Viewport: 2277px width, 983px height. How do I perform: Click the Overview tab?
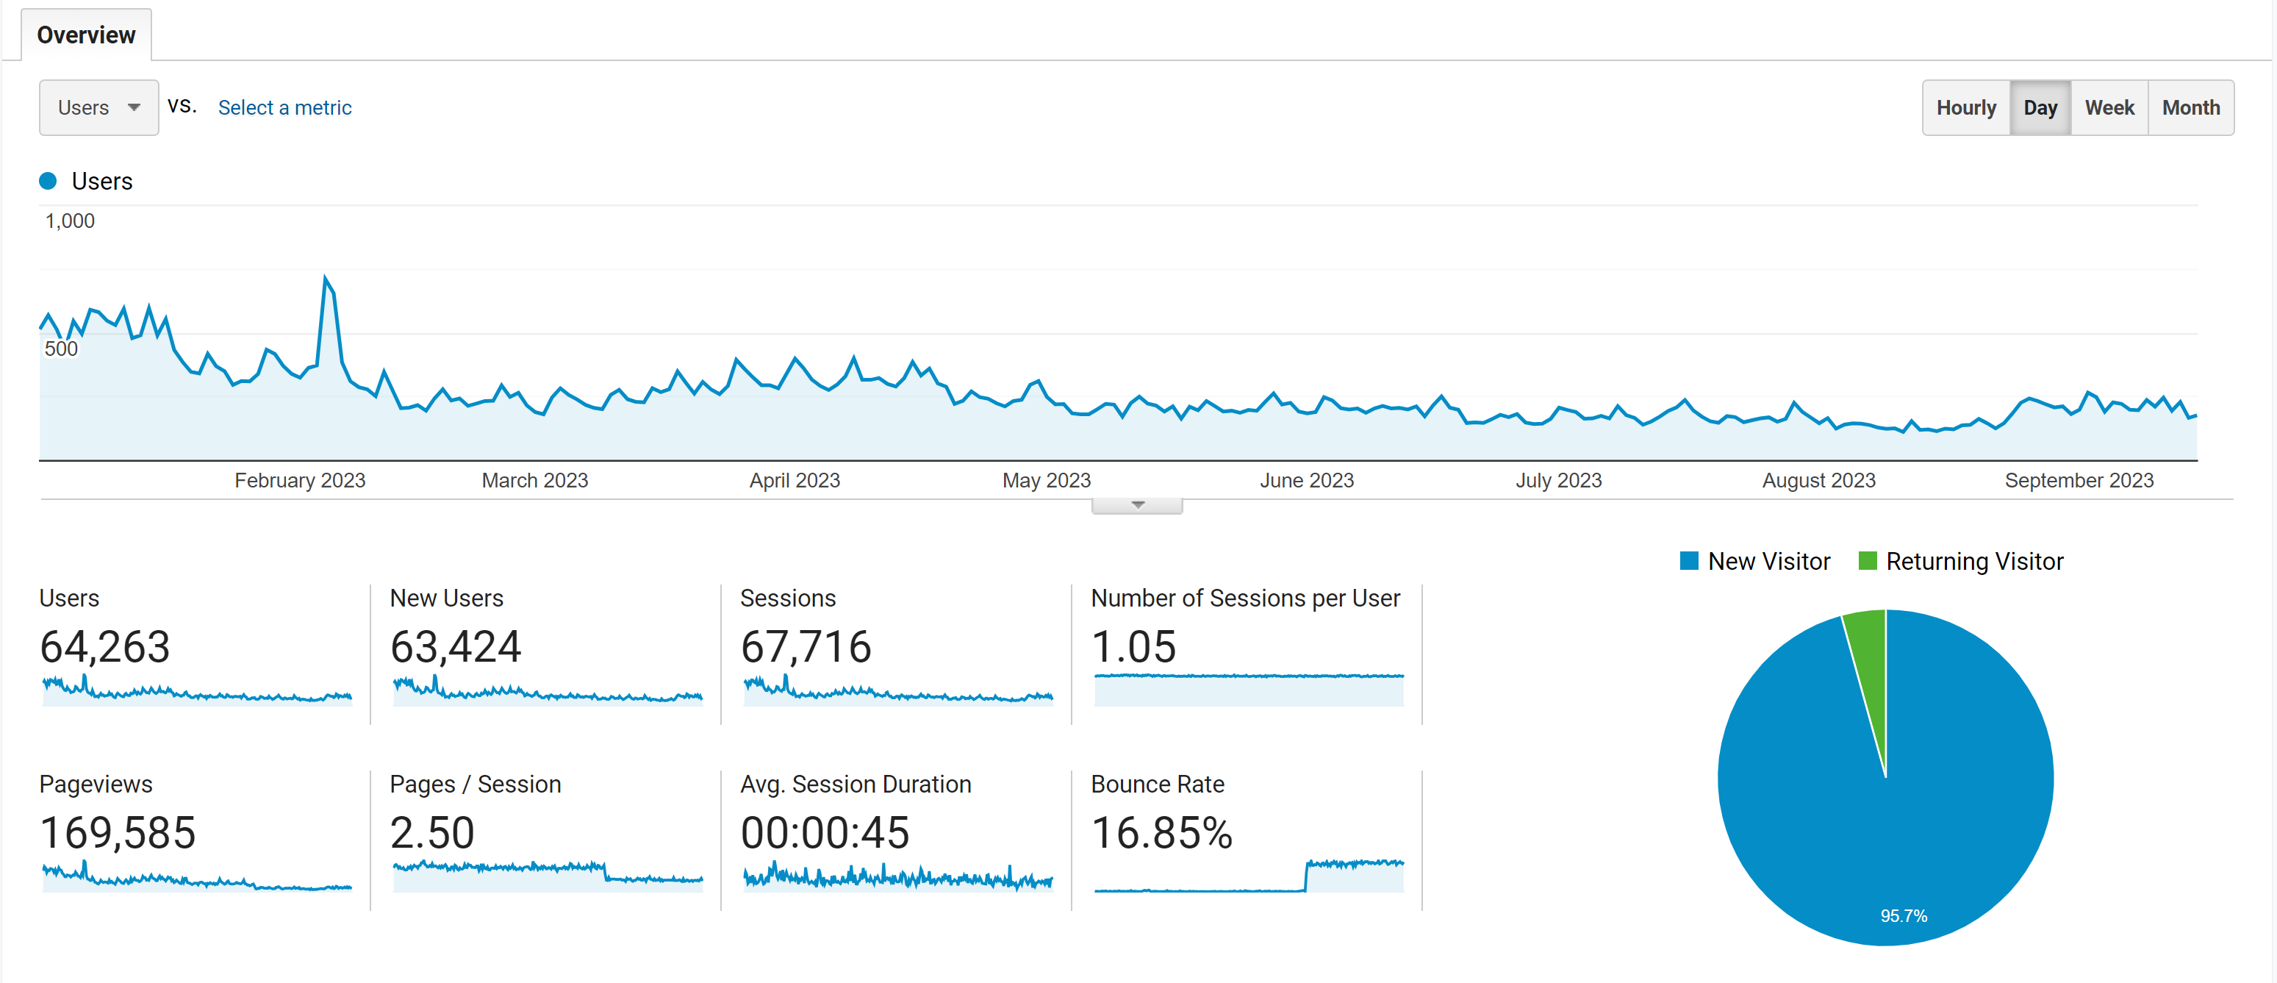point(86,35)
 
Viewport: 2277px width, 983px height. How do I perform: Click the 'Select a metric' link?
point(284,108)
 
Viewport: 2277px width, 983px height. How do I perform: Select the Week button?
point(2108,108)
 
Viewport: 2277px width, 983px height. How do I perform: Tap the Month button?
point(2190,108)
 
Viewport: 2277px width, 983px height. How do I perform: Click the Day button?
point(2040,108)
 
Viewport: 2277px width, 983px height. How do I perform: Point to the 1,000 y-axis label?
point(70,221)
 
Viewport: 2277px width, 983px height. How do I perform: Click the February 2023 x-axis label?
point(300,480)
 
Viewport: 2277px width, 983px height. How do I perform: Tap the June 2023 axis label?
point(1307,480)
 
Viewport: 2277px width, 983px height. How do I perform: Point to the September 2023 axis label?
point(2079,480)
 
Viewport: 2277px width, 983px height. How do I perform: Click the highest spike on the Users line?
point(326,278)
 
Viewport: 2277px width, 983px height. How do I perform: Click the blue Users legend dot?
point(49,181)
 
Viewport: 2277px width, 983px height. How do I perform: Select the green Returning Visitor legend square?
point(1867,561)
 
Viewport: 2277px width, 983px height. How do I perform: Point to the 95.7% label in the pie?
point(1903,916)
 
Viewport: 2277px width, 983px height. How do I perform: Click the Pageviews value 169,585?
point(118,833)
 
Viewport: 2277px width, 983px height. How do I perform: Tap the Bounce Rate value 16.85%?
point(1161,833)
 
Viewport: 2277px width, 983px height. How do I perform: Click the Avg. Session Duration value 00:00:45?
point(825,833)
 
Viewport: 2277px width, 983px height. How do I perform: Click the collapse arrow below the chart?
point(1138,505)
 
